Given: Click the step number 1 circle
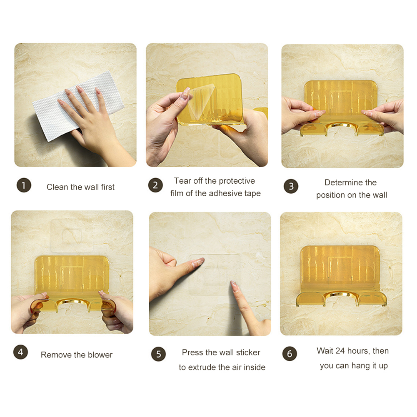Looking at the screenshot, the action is (x=24, y=185).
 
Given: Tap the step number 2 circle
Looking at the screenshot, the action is (x=155, y=185).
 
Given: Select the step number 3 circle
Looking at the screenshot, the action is (x=291, y=186).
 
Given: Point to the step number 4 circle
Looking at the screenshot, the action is (x=20, y=352).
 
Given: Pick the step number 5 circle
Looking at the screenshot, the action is (x=158, y=354).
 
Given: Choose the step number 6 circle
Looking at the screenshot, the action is (x=290, y=354).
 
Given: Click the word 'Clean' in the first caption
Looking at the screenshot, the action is (x=57, y=187).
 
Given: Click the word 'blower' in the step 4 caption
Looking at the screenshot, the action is (x=100, y=355).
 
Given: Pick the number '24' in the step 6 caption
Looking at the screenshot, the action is (x=340, y=351).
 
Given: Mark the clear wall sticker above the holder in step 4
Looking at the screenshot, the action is (x=71, y=236).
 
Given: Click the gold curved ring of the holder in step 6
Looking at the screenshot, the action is (x=341, y=295).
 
